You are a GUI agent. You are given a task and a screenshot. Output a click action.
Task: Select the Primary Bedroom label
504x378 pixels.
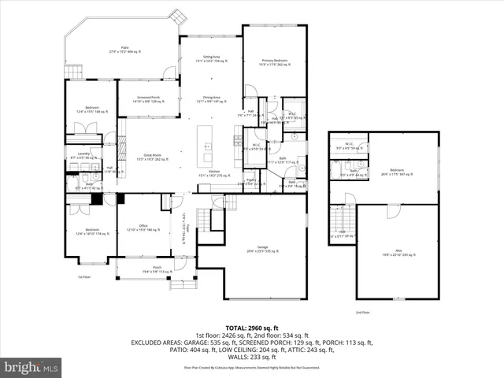click(x=275, y=61)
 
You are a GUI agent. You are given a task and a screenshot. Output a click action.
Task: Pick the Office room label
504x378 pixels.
click(x=143, y=228)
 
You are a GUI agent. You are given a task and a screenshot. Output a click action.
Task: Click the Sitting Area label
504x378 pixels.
click(x=211, y=59)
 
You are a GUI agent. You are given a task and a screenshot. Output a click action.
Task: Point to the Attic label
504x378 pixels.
click(x=398, y=253)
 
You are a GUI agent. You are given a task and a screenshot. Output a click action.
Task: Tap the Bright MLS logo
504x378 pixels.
click(x=31, y=367)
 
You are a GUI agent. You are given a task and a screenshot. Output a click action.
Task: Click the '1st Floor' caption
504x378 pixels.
click(x=83, y=277)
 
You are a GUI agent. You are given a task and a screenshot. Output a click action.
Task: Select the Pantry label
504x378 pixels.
click(x=251, y=182)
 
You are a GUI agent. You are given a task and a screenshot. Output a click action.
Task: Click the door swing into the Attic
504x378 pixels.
click(x=391, y=210)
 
